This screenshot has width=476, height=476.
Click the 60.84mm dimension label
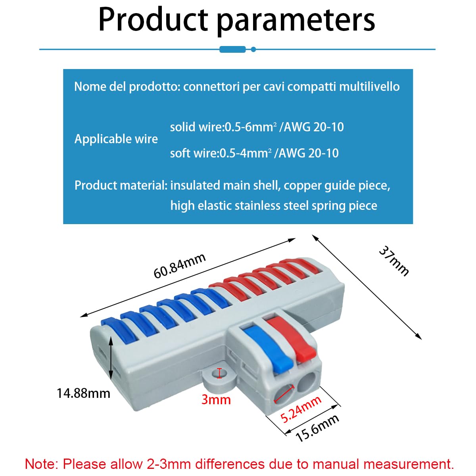coord(180,265)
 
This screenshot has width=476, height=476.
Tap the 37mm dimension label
coord(393,261)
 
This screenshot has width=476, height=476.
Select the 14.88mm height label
coord(83,393)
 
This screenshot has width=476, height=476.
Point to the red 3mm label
coord(216,399)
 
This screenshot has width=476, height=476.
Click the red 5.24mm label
coord(301,409)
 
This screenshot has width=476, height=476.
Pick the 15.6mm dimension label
coord(317,428)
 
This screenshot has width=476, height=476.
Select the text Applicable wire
coord(116,139)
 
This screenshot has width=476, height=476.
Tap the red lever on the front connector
coord(293,337)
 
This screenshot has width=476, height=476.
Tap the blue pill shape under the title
coord(232,49)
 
